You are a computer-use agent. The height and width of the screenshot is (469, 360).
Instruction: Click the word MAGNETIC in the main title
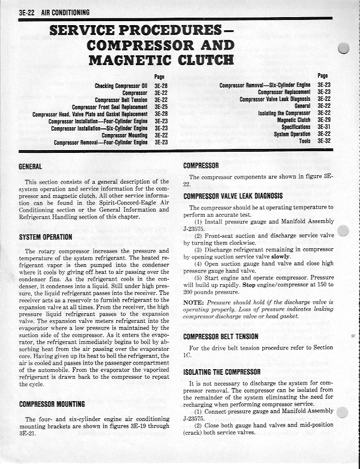tap(130, 59)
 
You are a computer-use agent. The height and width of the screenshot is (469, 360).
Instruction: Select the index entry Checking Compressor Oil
tap(122, 86)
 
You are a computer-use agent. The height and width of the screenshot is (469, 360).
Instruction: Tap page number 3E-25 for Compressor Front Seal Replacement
tap(160, 107)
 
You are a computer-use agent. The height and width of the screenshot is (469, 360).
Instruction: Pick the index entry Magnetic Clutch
tap(294, 120)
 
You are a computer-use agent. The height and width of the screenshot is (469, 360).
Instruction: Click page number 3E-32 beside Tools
tap(324, 140)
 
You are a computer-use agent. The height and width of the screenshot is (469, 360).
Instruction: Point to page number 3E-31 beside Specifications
tap(324, 127)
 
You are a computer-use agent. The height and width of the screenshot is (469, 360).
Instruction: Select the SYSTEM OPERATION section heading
tap(45, 237)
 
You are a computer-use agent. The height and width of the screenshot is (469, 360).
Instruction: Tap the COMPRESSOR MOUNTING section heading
tap(52, 404)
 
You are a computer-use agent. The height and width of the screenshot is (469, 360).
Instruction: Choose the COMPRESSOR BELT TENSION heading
tap(221, 336)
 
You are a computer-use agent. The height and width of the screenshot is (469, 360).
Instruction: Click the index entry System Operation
tap(292, 134)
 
